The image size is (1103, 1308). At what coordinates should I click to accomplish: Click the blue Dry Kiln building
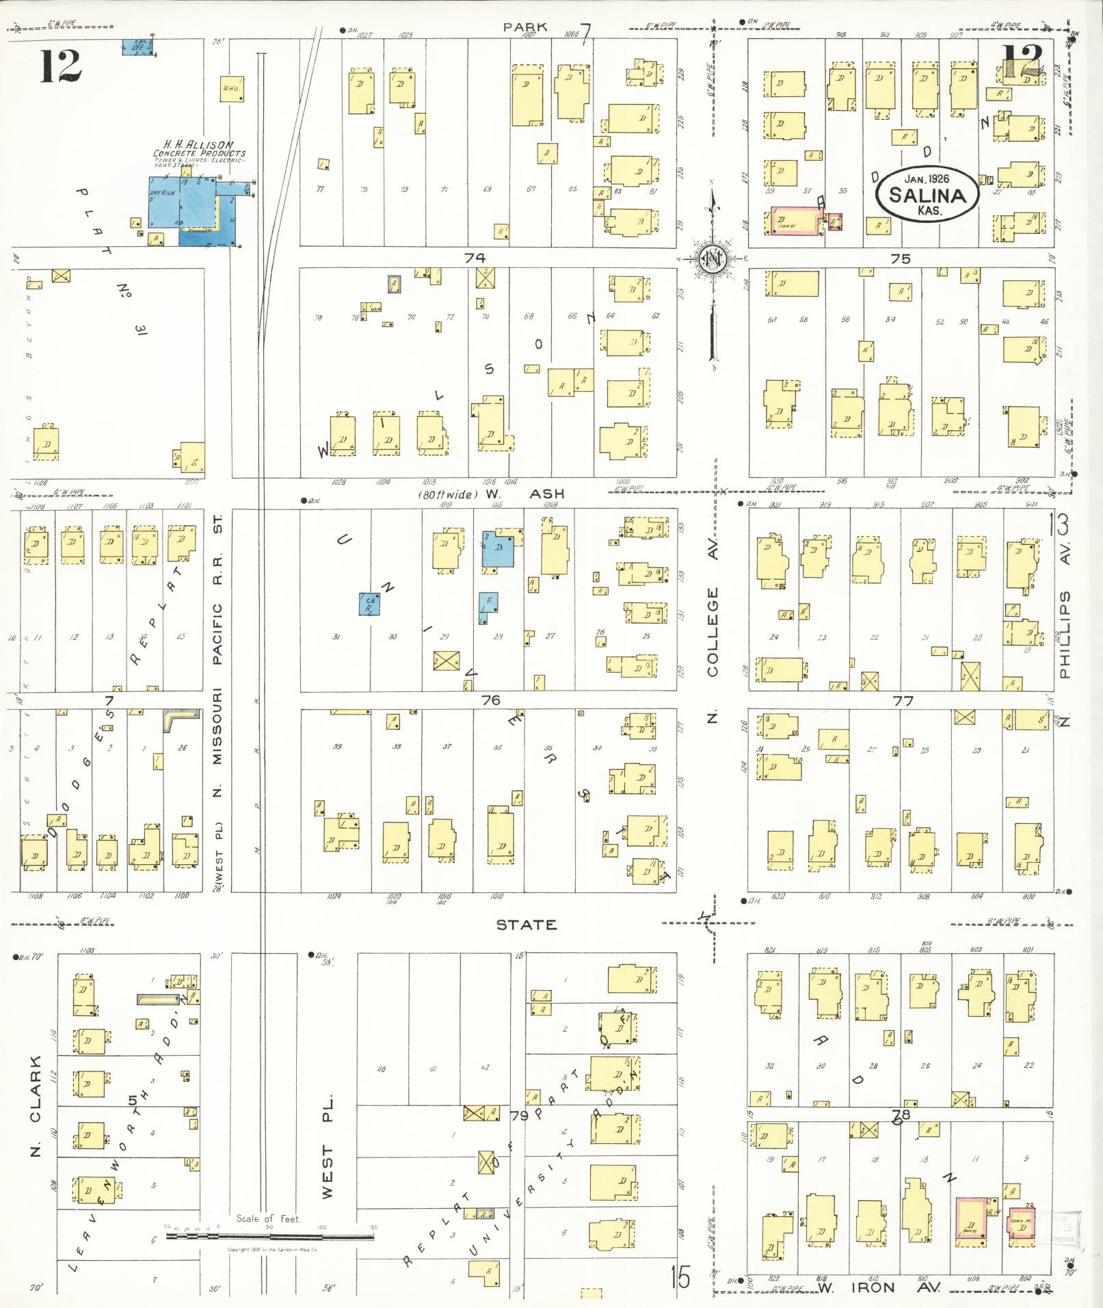[165, 201]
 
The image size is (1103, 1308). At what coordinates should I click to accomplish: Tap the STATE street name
[526, 924]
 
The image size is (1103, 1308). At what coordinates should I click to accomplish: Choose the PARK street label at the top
[525, 27]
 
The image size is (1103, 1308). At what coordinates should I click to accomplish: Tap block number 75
[901, 258]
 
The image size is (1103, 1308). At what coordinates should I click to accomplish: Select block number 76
[490, 700]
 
